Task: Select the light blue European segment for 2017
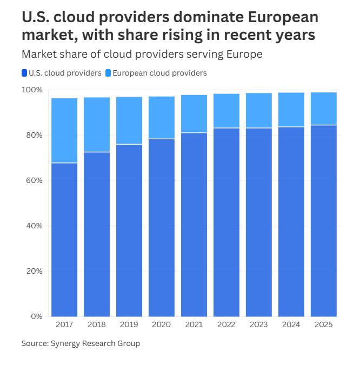tap(64, 130)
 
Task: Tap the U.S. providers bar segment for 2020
tap(162, 227)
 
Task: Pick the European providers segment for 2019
tap(129, 120)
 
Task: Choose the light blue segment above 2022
tap(226, 111)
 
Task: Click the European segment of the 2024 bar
tap(291, 110)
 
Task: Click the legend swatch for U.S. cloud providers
tap(25, 73)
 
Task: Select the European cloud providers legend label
tap(160, 73)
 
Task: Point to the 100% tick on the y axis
tap(32, 90)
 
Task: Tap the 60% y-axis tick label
tap(34, 180)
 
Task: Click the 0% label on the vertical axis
tap(36, 316)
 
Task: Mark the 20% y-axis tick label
tap(34, 271)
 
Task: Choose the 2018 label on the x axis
tap(97, 325)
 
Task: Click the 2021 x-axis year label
tap(194, 325)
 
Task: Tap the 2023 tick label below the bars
tap(259, 325)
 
